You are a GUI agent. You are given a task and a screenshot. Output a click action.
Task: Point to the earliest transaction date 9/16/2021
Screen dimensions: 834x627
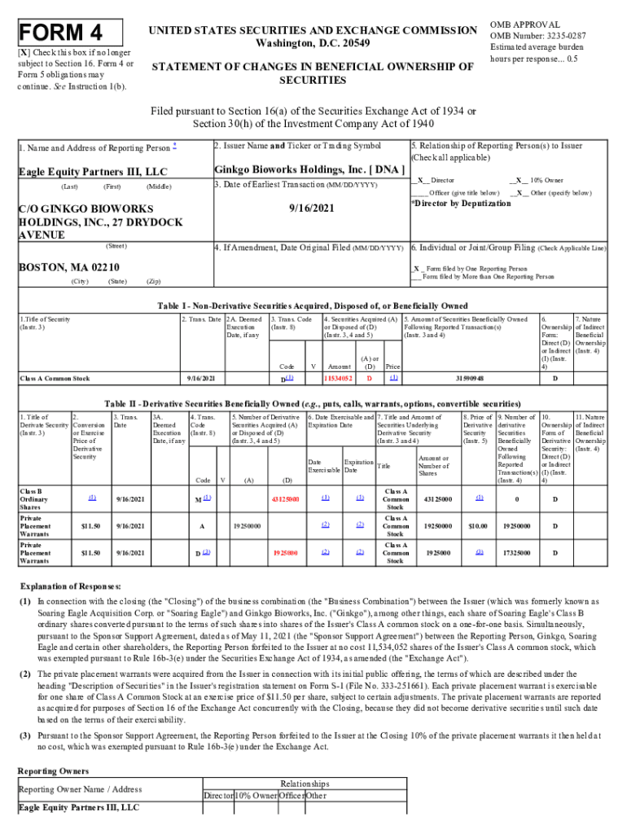(x=310, y=208)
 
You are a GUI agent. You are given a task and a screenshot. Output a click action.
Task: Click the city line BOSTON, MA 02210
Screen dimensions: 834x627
(x=69, y=267)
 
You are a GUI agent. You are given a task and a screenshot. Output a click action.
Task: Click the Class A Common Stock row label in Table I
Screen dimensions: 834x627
(x=55, y=379)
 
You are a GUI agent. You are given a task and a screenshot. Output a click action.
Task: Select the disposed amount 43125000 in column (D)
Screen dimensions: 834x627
(x=285, y=498)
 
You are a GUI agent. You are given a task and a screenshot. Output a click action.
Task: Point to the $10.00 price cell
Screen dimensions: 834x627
(x=476, y=526)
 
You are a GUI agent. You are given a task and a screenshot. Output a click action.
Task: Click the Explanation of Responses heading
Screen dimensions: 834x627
(x=72, y=586)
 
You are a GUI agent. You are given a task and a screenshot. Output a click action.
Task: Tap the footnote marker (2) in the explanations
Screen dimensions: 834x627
(x=26, y=675)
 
